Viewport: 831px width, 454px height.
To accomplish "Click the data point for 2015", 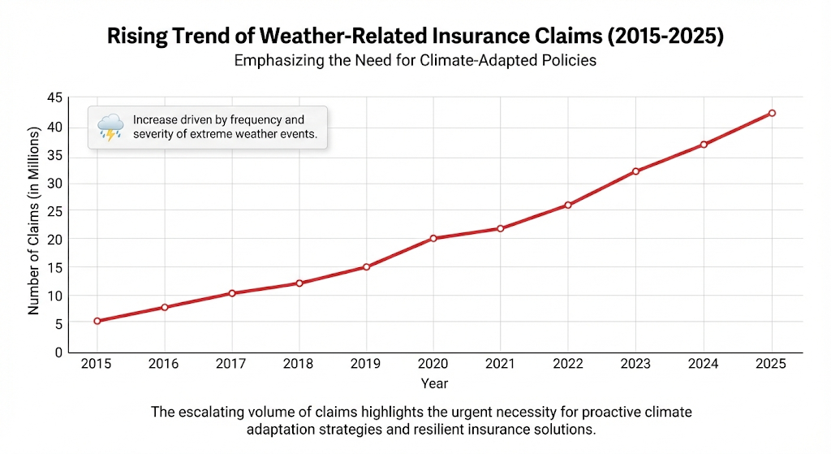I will pos(97,321).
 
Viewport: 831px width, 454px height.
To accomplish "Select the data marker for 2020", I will pos(433,238).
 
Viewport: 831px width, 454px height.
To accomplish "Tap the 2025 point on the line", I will pos(772,113).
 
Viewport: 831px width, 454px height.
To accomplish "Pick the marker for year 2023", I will pos(636,171).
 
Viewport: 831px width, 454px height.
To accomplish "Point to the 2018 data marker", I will pos(299,283).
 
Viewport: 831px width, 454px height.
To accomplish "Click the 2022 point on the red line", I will pos(568,205).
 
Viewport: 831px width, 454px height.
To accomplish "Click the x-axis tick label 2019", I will pos(367,364).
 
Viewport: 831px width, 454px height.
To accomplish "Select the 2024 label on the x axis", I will pos(704,364).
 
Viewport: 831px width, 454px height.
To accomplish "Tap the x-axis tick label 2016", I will pos(165,364).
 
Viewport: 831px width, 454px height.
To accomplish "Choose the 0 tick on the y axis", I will pos(59,352).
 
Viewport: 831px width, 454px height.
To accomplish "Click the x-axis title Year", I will pos(434,383).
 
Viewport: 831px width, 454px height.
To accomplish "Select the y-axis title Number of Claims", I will pos(34,221).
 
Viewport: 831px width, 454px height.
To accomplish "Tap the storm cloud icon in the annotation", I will pos(110,128).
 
